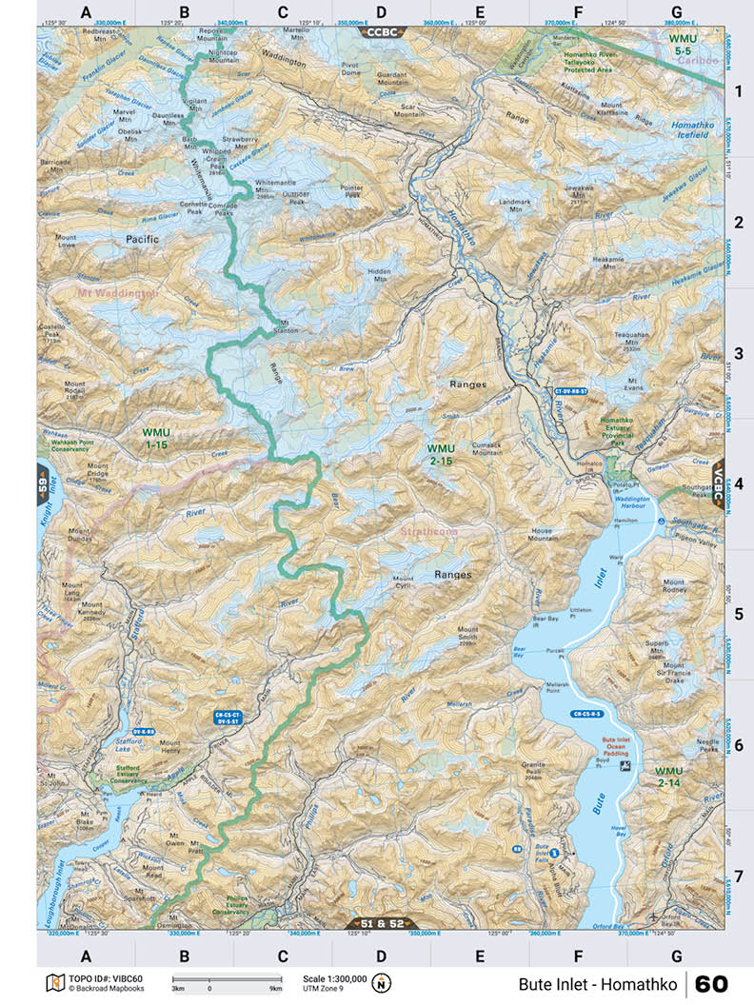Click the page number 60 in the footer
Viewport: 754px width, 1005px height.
click(x=710, y=983)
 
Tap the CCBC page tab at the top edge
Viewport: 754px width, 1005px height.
click(x=381, y=31)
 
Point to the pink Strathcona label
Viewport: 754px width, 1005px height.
click(x=428, y=532)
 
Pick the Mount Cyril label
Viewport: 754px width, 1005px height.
click(x=404, y=582)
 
